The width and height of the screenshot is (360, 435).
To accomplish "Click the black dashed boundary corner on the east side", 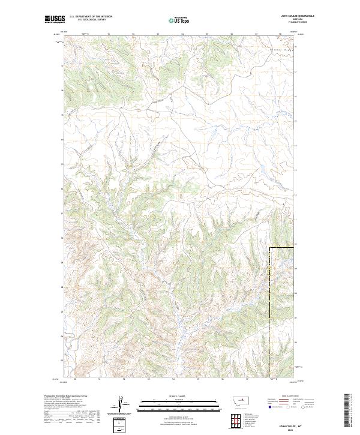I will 270,248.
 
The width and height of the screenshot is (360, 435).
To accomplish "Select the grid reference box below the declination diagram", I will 121,424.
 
